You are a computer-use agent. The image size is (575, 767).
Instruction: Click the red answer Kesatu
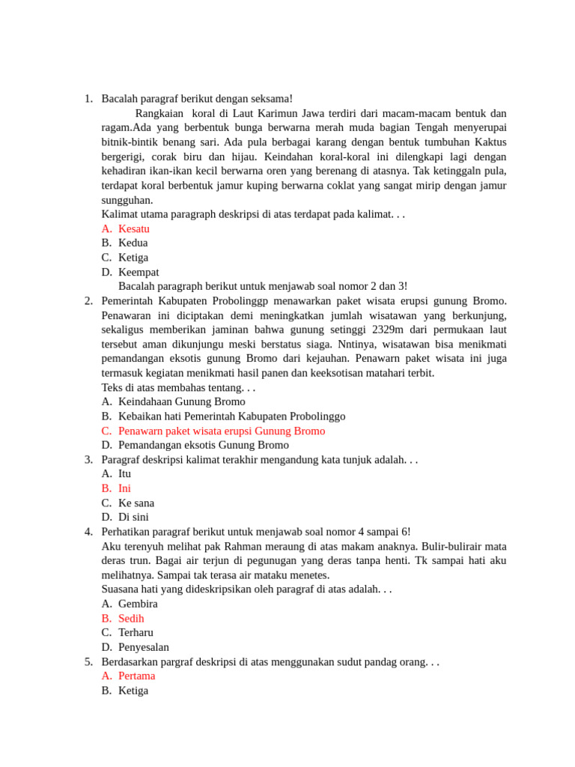pos(133,228)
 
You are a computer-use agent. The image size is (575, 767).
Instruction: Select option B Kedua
pos(133,243)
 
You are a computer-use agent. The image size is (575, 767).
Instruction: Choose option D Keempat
pos(138,272)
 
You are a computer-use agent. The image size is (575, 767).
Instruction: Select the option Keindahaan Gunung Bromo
pos(181,401)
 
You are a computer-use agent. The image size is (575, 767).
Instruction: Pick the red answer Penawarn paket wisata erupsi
pos(221,431)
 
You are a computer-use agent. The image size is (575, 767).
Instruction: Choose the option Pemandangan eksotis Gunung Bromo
pos(203,445)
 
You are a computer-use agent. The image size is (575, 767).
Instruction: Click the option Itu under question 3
pos(124,473)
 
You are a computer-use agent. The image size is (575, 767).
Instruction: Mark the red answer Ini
pos(124,488)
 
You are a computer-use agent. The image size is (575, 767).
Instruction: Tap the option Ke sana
pos(136,503)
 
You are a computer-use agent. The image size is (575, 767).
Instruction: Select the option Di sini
pos(133,517)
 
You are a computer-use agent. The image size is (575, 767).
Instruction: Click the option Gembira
pos(138,604)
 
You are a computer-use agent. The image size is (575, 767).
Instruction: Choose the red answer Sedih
pos(131,618)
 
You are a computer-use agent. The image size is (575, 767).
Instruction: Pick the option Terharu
pos(136,632)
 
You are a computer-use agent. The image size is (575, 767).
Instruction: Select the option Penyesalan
pos(143,647)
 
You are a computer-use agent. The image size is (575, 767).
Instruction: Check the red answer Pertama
pos(136,676)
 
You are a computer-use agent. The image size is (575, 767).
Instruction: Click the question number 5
pos(88,661)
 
